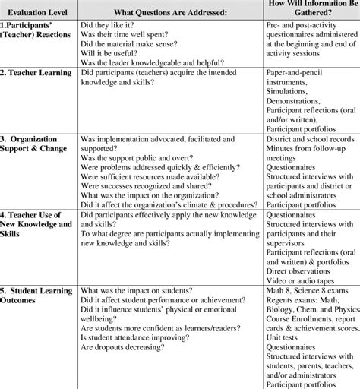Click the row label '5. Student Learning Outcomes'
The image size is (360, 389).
click(38, 296)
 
